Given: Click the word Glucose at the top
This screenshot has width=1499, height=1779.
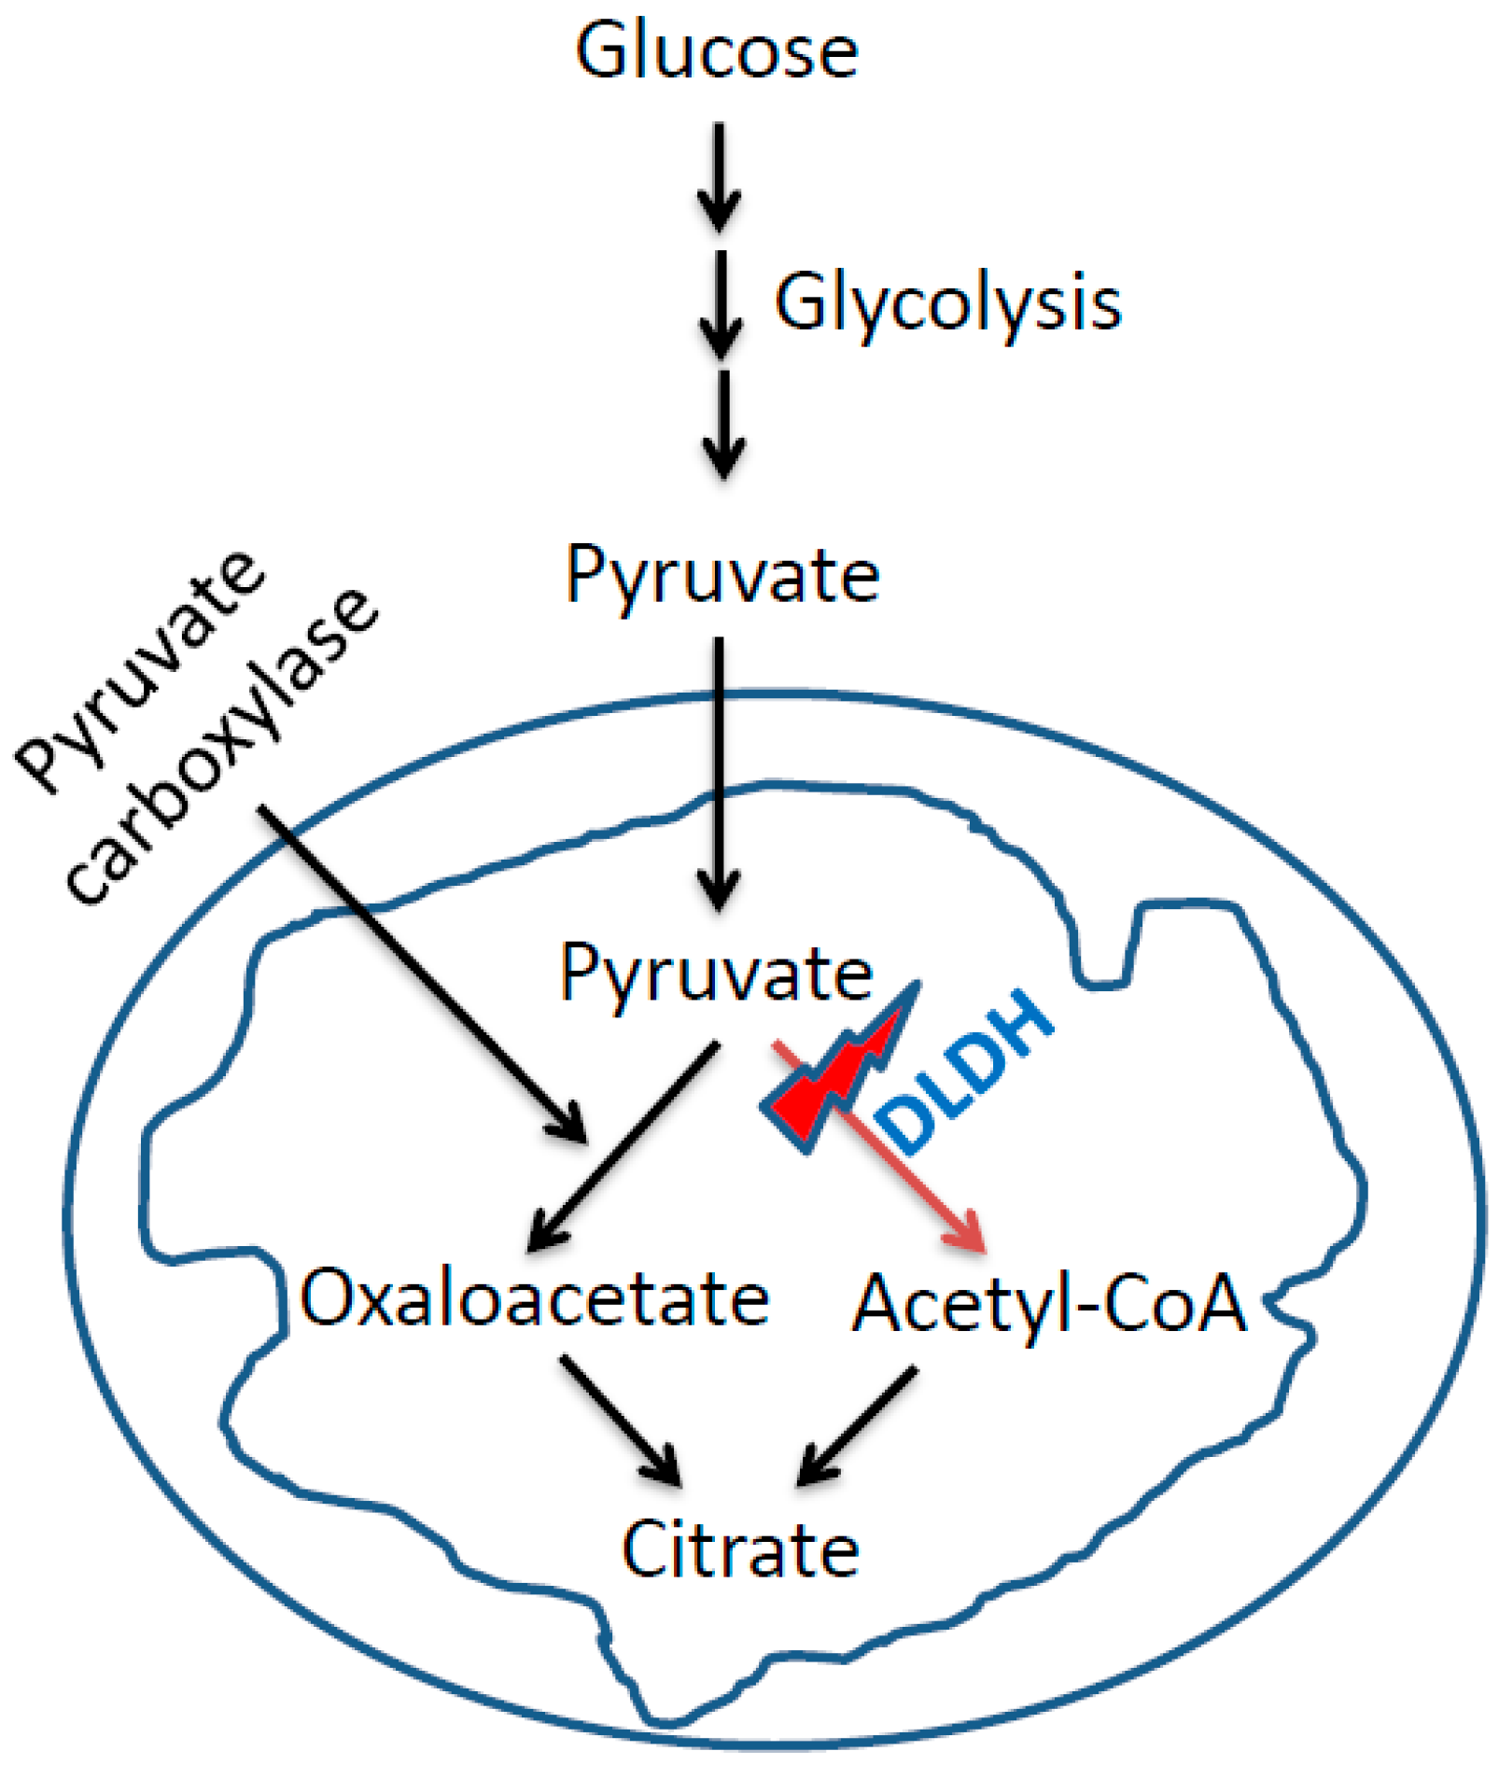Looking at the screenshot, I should click(x=716, y=51).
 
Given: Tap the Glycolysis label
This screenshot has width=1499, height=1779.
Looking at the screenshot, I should click(x=947, y=303).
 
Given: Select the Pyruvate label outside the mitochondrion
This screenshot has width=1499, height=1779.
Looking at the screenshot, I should click(x=721, y=576).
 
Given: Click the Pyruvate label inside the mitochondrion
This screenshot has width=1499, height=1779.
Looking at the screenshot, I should click(x=716, y=974).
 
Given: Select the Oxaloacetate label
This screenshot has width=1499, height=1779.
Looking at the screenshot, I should click(x=534, y=1298).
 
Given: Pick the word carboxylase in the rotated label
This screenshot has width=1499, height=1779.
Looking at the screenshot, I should click(x=224, y=747).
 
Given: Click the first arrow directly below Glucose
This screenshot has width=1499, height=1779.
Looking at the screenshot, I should click(x=719, y=177).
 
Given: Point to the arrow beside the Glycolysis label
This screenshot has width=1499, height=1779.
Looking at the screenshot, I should click(x=721, y=304).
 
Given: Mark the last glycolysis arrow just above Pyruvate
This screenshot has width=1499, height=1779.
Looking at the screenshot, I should click(x=723, y=425).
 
